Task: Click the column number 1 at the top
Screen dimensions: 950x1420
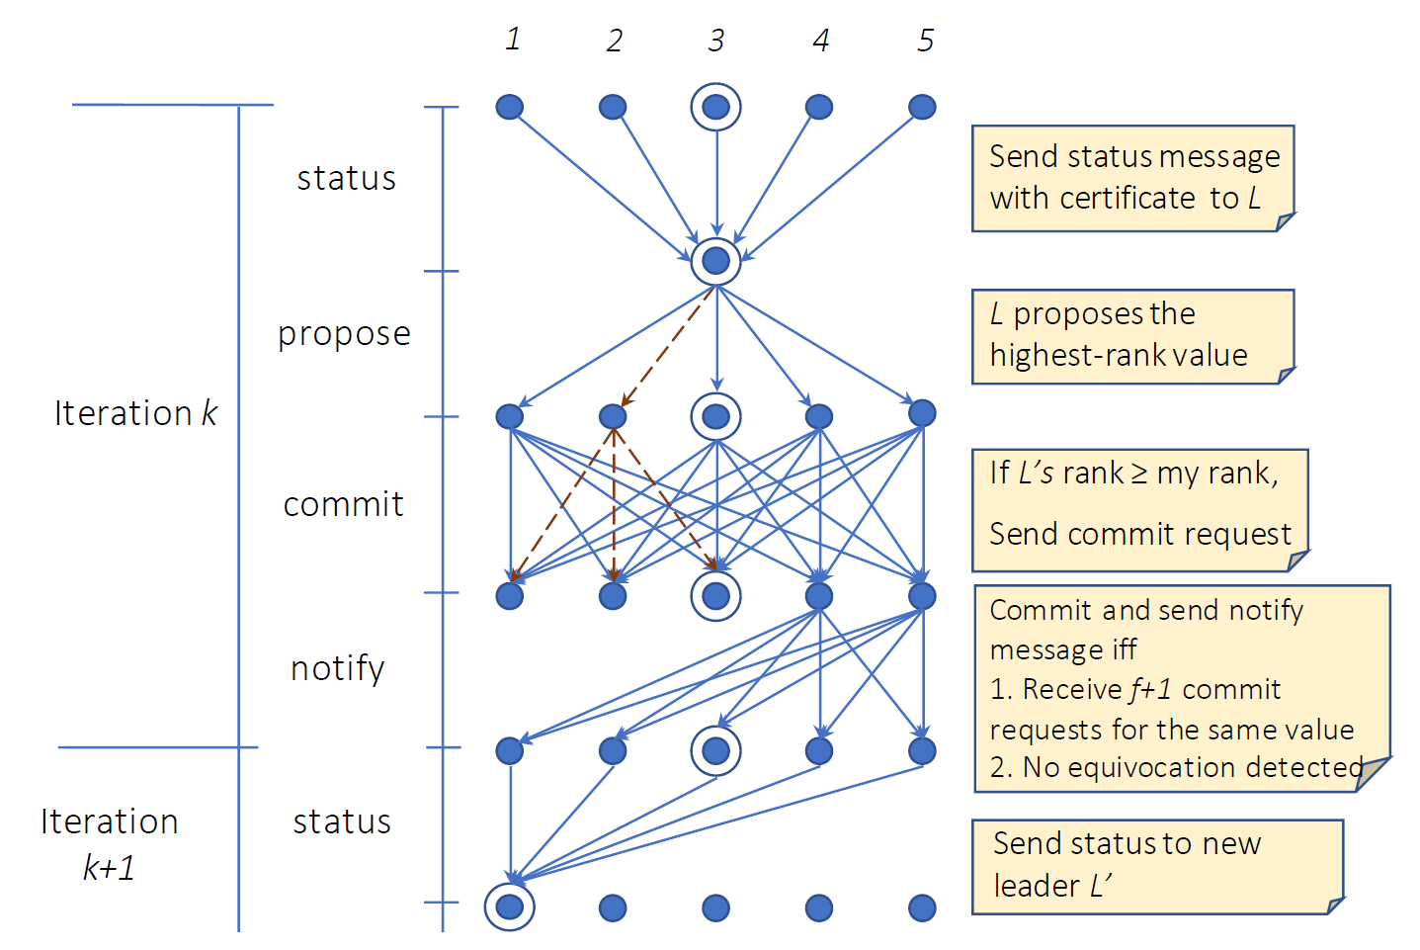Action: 513,39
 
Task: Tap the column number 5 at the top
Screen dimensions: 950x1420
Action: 925,40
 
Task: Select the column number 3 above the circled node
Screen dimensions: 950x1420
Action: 716,40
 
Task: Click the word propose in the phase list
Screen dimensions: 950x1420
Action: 344,334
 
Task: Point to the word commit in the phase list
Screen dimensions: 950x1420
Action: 343,504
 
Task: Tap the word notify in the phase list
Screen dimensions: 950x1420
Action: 337,668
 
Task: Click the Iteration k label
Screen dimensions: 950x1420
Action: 135,412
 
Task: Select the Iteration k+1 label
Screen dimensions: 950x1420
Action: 109,843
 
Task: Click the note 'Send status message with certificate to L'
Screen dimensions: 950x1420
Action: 1132,178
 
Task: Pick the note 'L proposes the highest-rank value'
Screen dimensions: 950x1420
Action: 1132,336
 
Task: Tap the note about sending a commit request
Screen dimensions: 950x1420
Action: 1139,510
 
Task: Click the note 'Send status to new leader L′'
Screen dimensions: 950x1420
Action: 1157,866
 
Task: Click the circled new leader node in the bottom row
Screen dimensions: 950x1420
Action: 510,907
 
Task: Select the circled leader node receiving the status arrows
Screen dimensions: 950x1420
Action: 716,261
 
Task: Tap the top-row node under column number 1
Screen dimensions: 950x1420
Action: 510,107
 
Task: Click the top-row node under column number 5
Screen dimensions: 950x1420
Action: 922,107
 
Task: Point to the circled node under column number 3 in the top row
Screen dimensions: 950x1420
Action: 716,107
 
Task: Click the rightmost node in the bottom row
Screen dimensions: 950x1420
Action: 922,907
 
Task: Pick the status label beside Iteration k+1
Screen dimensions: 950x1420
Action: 342,821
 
